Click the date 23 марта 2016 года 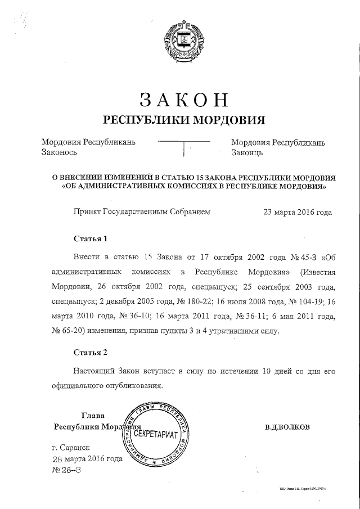point(298,213)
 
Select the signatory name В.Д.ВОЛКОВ point(287,427)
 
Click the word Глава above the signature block point(93,416)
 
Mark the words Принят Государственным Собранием point(142,213)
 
